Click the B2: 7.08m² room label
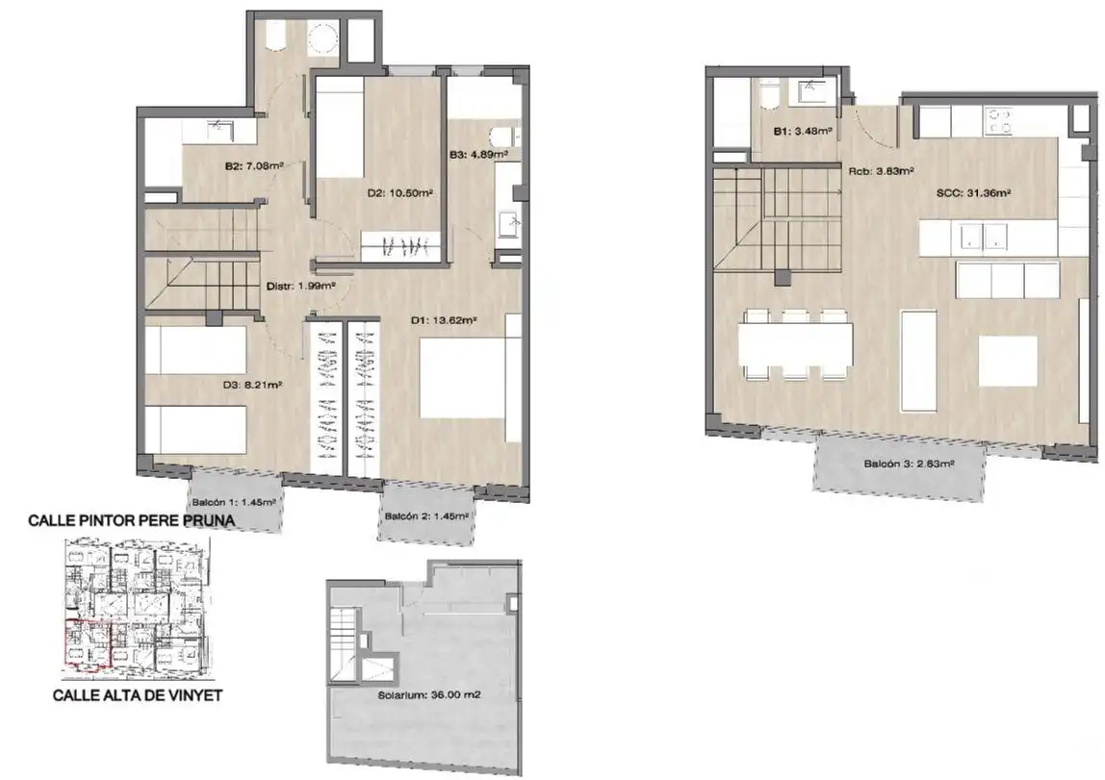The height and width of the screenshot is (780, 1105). click(254, 166)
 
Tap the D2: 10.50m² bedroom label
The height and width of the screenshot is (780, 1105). click(399, 193)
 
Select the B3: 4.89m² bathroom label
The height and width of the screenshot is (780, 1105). click(478, 154)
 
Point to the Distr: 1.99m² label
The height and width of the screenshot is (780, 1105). click(300, 287)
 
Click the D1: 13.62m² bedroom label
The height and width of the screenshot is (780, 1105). click(444, 321)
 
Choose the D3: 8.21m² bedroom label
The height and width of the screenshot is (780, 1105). click(252, 385)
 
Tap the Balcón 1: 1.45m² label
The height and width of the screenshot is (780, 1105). click(233, 503)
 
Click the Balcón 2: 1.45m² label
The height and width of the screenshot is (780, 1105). click(426, 516)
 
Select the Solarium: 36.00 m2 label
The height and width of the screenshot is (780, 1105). click(429, 694)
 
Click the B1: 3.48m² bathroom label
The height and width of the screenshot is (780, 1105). click(803, 131)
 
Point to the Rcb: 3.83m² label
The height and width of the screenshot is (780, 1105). click(881, 170)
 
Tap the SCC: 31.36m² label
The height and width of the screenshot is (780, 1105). click(974, 192)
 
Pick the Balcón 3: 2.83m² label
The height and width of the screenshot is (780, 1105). click(909, 464)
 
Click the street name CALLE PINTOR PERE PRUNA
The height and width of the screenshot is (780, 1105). click(131, 521)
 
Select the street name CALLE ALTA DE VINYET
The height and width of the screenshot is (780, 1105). click(139, 695)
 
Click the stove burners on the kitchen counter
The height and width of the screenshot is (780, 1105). click(998, 120)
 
